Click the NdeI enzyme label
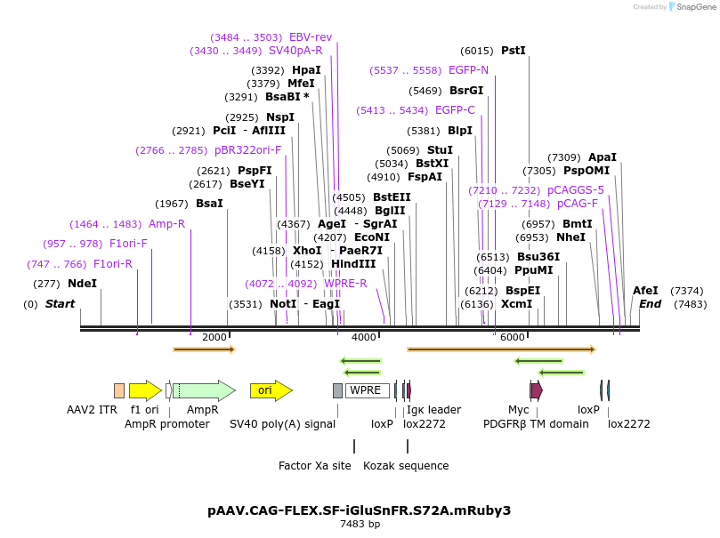(82, 284)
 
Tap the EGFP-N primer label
(468, 70)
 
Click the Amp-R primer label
(166, 224)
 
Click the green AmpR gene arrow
(204, 390)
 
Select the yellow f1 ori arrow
(145, 390)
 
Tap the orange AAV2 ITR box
(119, 390)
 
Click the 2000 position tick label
(214, 338)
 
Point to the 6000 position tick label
(512, 338)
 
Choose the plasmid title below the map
(359, 510)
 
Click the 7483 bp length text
(359, 525)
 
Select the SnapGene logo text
(698, 7)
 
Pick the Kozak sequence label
(406, 465)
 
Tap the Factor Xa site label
(314, 465)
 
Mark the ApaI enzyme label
(603, 157)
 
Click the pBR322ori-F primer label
(247, 150)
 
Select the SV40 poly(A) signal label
(283, 424)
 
